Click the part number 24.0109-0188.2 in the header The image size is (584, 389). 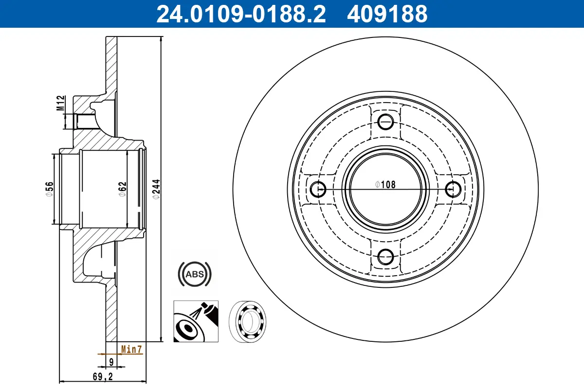[240, 14]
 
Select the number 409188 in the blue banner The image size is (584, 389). [387, 14]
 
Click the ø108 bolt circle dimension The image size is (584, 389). [385, 184]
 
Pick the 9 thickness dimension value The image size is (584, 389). [111, 362]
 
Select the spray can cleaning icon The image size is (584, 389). [196, 321]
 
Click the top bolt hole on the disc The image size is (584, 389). [386, 122]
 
